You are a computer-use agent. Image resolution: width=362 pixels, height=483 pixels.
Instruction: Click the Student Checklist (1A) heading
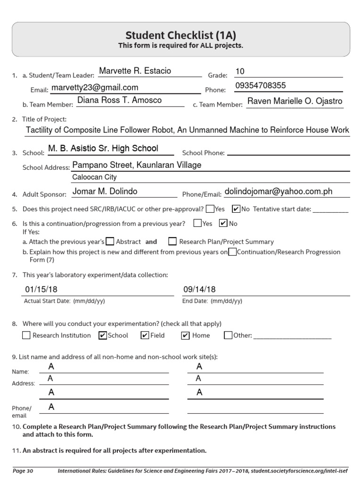(181, 35)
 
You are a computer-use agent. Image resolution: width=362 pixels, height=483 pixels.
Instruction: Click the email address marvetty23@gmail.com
(95, 87)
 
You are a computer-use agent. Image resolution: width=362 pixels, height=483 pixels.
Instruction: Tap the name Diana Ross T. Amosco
(119, 100)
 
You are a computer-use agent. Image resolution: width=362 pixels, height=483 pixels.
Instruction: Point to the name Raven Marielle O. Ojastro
(295, 101)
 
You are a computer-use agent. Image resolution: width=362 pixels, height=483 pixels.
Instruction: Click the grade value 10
(240, 72)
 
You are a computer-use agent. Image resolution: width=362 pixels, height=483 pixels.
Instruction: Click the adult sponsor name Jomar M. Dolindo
(105, 191)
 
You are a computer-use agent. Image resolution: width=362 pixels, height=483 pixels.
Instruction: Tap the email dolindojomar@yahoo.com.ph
(279, 192)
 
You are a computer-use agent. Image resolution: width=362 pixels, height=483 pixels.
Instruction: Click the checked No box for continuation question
(224, 223)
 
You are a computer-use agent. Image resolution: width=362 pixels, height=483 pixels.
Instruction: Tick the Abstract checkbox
(110, 241)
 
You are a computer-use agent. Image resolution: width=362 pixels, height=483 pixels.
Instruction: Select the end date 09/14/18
(199, 289)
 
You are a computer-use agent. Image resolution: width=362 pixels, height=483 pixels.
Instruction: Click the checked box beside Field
(145, 335)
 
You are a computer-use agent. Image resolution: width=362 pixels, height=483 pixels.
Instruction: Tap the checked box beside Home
(185, 335)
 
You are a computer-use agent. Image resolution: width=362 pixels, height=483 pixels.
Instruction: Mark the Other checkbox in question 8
(228, 335)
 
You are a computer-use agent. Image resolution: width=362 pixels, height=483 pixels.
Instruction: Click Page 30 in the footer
(23, 470)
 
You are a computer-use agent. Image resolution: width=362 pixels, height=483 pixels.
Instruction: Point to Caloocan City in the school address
(94, 177)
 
